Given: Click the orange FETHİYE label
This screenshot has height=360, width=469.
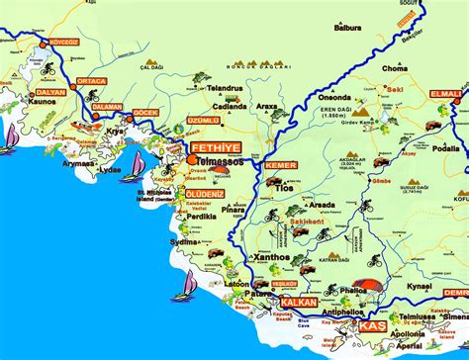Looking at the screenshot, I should pyautogui.click(x=206, y=143).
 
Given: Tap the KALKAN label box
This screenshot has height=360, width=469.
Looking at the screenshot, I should pyautogui.click(x=299, y=302).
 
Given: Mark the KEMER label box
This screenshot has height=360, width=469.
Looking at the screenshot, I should pyautogui.click(x=280, y=164).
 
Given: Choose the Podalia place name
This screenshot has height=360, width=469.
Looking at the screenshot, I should pyautogui.click(x=445, y=147).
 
